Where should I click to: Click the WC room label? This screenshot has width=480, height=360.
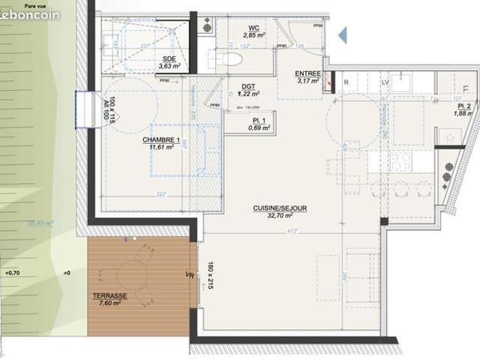point(253,28)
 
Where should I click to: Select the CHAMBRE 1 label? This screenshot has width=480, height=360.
point(161,140)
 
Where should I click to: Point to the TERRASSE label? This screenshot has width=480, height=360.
point(109,296)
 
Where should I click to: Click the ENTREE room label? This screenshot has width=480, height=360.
point(308,73)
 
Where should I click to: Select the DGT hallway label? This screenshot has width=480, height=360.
point(249,86)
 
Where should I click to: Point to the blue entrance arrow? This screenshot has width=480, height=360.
point(343,34)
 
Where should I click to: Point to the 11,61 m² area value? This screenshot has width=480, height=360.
point(160,148)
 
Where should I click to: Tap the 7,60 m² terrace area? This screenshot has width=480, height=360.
point(109,304)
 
